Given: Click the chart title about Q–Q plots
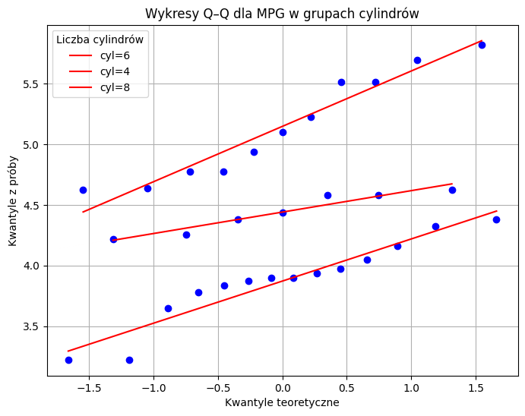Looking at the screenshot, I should click(283, 14).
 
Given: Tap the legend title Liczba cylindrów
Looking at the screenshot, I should click(100, 39).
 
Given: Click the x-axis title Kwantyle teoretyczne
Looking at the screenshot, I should click(282, 403).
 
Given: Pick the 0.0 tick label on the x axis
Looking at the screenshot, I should click(283, 385).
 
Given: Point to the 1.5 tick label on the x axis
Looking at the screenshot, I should click(476, 385).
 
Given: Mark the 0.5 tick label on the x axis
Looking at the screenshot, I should click(347, 385).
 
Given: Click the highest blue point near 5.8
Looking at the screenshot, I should click(482, 45).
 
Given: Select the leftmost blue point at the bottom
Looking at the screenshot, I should click(68, 360).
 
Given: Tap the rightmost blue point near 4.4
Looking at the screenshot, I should click(496, 219).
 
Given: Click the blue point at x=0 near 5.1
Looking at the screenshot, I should click(283, 132).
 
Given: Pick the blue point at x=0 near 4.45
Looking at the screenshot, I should click(283, 213).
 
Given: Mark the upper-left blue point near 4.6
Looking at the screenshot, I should click(83, 190).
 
